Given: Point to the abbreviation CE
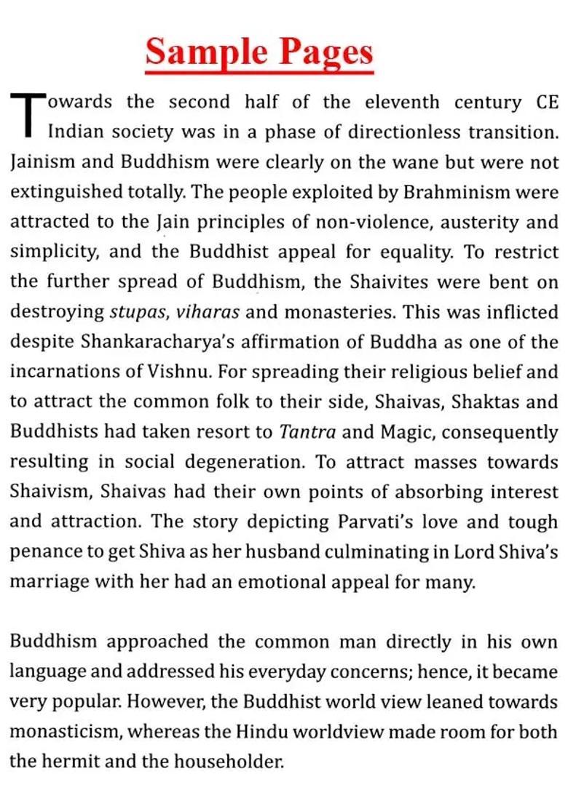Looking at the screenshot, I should coord(546,102).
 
